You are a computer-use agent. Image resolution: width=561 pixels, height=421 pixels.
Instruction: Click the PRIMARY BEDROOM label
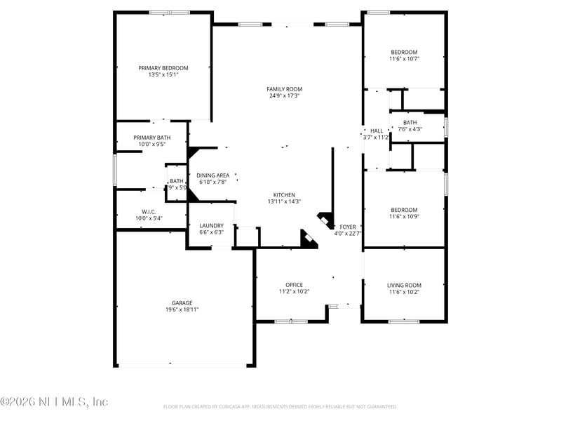click(163, 68)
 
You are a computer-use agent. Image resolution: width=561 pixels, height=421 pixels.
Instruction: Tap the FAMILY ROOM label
click(284, 89)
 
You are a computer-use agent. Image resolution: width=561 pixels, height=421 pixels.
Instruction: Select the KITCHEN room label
click(284, 195)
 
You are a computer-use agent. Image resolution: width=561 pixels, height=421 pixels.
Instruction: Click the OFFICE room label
click(294, 285)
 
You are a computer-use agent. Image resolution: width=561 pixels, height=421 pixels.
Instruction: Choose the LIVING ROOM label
click(404, 285)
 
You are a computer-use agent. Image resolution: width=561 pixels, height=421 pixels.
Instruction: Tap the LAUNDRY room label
click(211, 226)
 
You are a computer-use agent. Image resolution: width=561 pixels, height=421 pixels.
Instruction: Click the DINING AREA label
click(213, 175)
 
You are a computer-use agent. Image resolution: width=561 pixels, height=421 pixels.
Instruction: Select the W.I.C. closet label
click(148, 212)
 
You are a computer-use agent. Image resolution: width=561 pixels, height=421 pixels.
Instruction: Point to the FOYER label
click(348, 227)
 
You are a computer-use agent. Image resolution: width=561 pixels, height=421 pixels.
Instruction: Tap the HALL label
click(377, 131)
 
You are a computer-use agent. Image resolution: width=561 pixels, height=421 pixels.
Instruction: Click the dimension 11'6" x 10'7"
click(404, 59)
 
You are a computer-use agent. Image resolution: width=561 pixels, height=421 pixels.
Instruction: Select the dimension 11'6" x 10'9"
click(404, 217)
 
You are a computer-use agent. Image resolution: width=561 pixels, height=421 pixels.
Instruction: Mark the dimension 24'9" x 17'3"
click(284, 95)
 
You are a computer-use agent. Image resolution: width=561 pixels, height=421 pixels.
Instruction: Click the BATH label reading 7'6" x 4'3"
click(410, 123)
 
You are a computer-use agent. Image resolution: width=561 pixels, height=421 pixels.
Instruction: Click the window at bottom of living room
click(404, 321)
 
